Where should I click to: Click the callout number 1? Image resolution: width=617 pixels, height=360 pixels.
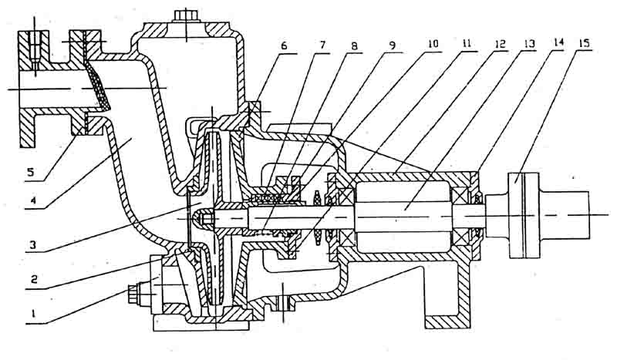pos(31,314)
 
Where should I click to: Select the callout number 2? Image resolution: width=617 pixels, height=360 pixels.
pos(31,282)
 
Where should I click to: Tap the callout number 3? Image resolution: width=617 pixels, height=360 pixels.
pos(31,246)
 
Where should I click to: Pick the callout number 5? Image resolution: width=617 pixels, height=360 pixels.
pos(31,172)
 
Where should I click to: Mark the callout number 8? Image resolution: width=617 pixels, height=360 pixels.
pos(356,45)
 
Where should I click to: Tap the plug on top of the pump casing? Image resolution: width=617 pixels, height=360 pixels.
pos(187,16)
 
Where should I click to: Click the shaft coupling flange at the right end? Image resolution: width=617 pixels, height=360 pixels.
pos(522,215)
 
